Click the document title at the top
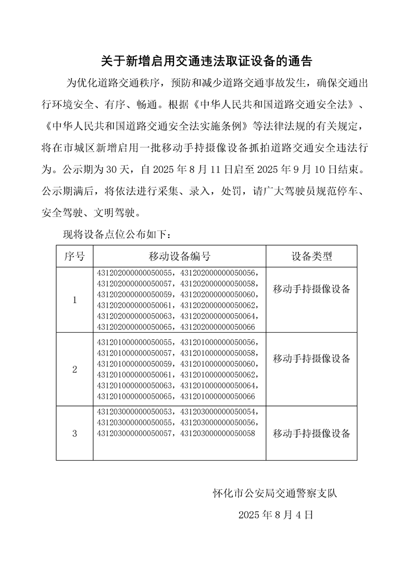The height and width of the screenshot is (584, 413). click(x=206, y=62)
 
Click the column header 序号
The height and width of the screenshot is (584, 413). click(x=74, y=256)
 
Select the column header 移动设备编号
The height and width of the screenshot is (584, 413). click(x=180, y=256)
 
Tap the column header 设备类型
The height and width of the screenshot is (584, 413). click(x=311, y=256)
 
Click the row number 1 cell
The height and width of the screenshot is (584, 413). click(x=74, y=300)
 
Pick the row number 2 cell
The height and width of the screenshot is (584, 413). click(x=74, y=370)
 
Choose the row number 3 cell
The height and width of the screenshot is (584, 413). click(x=74, y=433)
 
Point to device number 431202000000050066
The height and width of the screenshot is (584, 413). click(x=218, y=327)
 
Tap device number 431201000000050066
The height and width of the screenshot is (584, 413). click(x=218, y=397)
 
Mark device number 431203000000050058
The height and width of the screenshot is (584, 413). click(x=218, y=433)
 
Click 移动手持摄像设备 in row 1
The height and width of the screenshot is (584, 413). click(x=311, y=289)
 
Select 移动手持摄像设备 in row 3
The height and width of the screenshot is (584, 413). click(x=311, y=434)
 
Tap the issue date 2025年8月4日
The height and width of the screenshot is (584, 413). click(x=276, y=515)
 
